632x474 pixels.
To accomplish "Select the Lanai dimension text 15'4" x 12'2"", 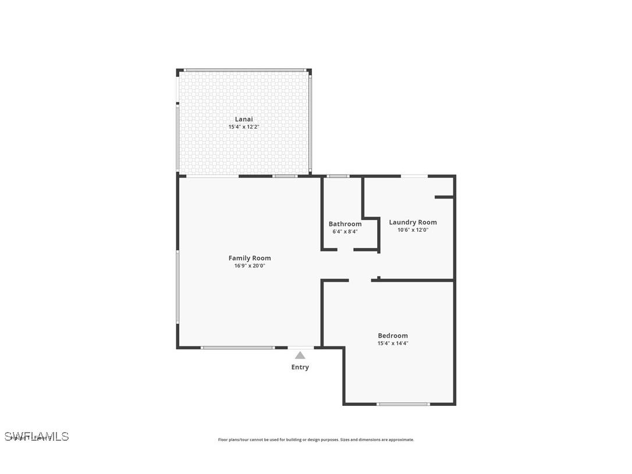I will click(x=243, y=127).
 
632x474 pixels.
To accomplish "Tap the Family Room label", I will click(x=249, y=258).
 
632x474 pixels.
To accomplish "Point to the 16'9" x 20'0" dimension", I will click(x=249, y=266).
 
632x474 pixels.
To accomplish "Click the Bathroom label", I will click(x=345, y=224).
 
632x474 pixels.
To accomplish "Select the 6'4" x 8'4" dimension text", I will click(x=345, y=231).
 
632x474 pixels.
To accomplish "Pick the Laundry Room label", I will click(x=413, y=222).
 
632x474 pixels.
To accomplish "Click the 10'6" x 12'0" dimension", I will click(x=413, y=229).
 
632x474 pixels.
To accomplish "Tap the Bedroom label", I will click(x=393, y=335).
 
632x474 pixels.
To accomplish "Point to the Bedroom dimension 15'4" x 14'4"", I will click(x=393, y=343).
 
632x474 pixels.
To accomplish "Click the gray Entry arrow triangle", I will click(x=300, y=355).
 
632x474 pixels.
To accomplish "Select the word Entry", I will click(x=300, y=367).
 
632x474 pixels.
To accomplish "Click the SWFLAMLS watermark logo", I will click(x=37, y=436).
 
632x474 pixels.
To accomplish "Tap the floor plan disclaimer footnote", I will click(x=316, y=440).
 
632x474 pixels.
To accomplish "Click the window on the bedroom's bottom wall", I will click(x=403, y=404).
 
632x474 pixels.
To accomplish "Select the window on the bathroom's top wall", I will click(x=338, y=176).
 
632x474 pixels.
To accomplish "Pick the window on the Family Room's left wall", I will click(x=177, y=286).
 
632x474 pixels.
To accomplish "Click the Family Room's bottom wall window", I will click(x=237, y=348).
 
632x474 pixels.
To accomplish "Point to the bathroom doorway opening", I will click(x=345, y=250).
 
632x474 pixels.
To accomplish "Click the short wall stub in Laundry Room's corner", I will click(x=444, y=197).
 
